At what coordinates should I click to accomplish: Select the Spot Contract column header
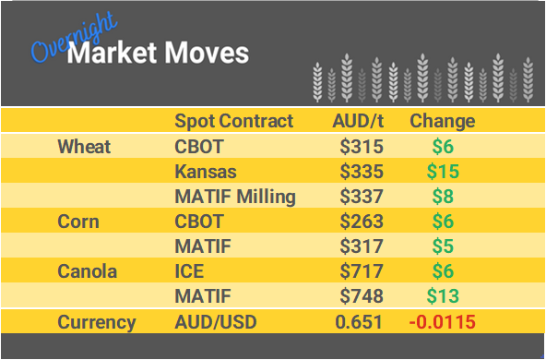[x=233, y=121]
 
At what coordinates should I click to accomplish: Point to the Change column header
[x=442, y=121]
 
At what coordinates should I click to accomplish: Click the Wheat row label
[x=84, y=146]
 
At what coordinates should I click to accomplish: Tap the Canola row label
[x=88, y=272]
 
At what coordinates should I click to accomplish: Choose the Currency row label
[x=97, y=322]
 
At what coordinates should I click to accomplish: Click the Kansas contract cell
[x=205, y=172]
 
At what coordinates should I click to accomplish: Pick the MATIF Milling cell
[x=235, y=197]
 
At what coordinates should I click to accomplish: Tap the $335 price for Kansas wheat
[x=362, y=172]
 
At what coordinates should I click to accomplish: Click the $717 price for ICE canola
[x=362, y=272]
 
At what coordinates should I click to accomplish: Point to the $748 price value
[x=362, y=297]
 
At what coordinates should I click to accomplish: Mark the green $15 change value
[x=442, y=172]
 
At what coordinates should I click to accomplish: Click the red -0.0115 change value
[x=443, y=322]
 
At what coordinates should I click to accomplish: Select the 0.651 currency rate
[x=362, y=322]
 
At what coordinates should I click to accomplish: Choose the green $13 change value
[x=442, y=297]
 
